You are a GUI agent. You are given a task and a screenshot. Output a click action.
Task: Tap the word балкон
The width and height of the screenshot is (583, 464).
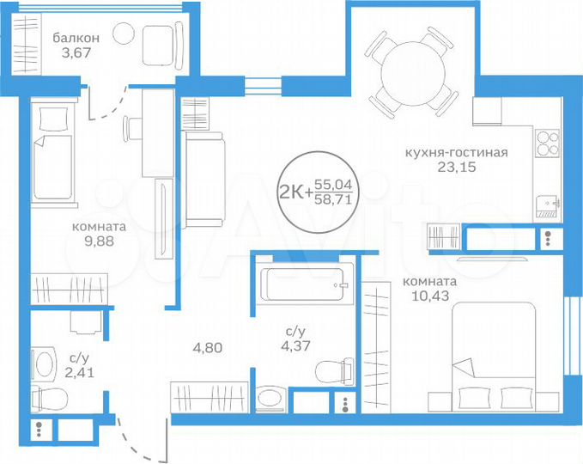76,37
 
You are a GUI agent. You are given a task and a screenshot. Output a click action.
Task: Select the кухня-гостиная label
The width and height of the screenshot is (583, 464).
457,153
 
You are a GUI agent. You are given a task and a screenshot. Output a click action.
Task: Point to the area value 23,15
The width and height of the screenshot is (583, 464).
455,168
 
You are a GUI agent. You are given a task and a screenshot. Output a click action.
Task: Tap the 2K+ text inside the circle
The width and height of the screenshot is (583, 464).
295,191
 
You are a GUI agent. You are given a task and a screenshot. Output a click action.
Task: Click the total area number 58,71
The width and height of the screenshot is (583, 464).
334,198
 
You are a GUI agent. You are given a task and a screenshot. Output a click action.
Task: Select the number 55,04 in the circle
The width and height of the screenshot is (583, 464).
334,184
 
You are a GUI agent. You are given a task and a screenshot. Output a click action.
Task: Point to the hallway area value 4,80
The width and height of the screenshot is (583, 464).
207,349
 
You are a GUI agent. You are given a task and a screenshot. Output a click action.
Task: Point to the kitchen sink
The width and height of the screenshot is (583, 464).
546,205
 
